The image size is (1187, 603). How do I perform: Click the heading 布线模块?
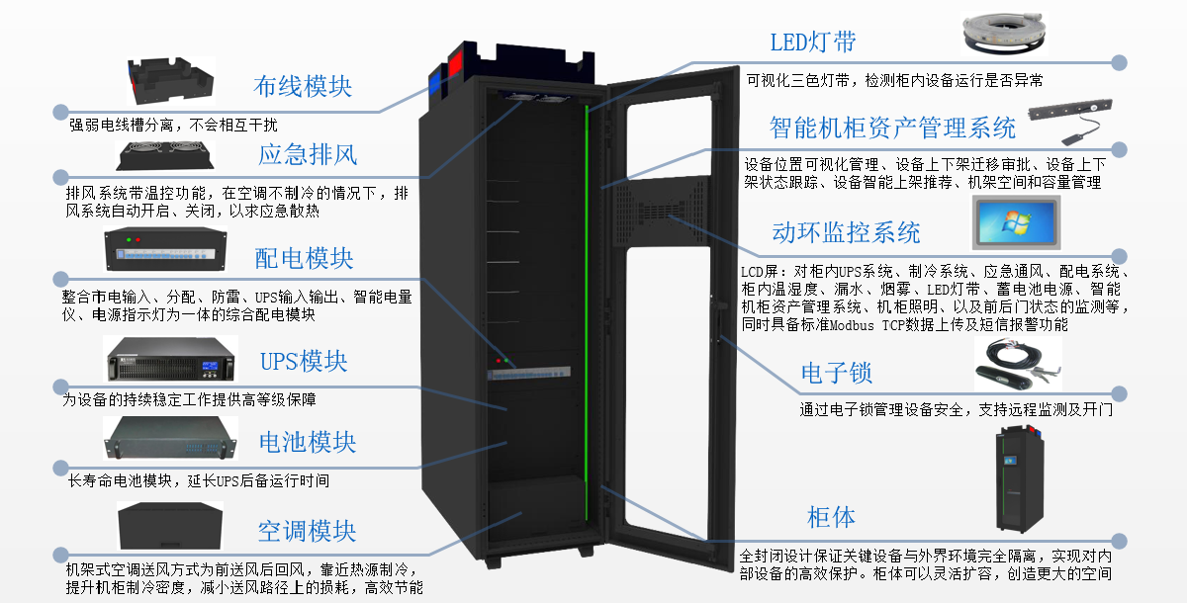(303, 86)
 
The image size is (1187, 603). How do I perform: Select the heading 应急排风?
(308, 154)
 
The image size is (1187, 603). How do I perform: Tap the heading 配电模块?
(304, 259)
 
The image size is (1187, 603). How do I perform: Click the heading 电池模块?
(307, 442)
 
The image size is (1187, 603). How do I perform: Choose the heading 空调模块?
(307, 532)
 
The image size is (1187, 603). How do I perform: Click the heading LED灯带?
(813, 42)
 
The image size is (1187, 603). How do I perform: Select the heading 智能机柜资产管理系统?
(893, 127)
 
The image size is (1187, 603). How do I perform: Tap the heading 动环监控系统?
(846, 232)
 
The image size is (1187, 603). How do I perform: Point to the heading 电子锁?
(836, 373)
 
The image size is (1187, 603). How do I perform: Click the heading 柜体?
(831, 517)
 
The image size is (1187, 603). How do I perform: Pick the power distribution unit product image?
(166, 254)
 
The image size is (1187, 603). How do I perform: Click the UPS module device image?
(171, 361)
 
